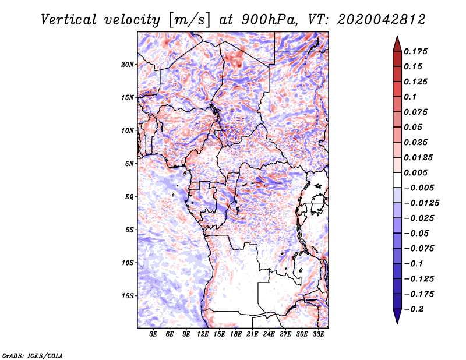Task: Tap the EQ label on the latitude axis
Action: point(130,197)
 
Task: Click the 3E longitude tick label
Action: point(154,334)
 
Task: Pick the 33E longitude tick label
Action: point(319,334)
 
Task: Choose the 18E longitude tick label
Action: point(236,334)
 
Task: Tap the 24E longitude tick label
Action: point(269,334)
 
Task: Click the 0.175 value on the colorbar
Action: point(417,51)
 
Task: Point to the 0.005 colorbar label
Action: point(417,172)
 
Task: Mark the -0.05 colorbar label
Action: point(417,233)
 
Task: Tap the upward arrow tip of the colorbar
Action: point(397,37)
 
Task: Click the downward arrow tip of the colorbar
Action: point(397,322)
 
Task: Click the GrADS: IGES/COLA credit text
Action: point(24,355)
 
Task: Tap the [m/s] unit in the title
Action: point(188,20)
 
